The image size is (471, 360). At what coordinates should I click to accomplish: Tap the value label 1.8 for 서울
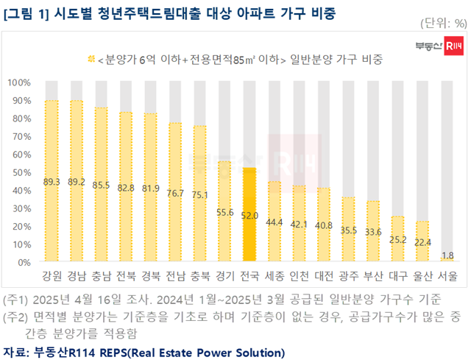coord(447,254)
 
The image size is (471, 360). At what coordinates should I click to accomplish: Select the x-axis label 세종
coord(275,278)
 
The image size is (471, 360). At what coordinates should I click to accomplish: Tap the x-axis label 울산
coord(422,278)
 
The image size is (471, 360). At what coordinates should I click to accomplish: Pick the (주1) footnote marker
coord(15,299)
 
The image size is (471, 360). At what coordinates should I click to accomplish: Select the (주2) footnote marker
coord(15,316)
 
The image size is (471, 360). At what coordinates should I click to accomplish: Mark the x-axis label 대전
coord(324,278)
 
